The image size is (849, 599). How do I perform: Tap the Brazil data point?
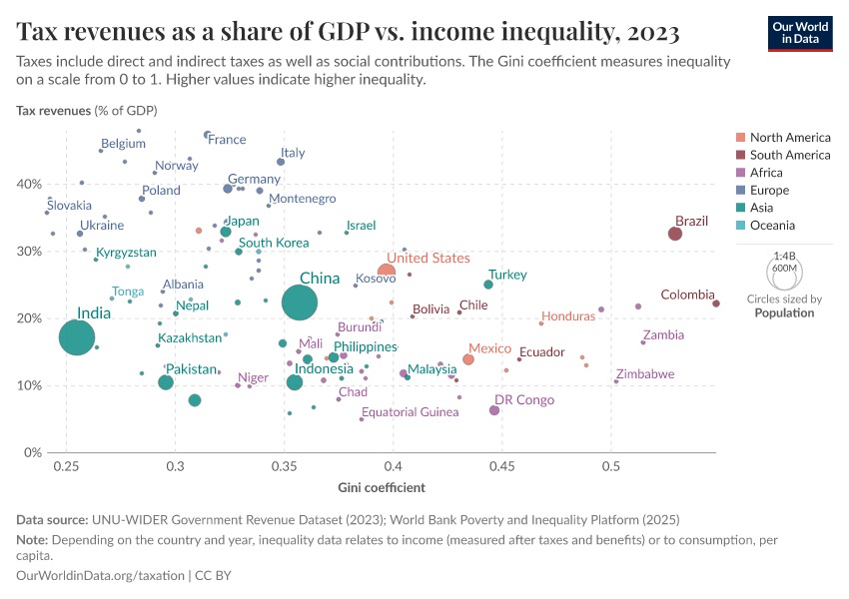pyautogui.click(x=675, y=234)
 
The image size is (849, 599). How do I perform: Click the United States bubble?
pyautogui.click(x=387, y=272)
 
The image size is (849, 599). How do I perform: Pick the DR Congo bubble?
pyautogui.click(x=494, y=410)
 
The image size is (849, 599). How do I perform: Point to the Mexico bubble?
pyautogui.click(x=468, y=359)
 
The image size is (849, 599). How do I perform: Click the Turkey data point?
pyautogui.click(x=488, y=285)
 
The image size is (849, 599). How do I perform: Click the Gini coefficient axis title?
pyautogui.click(x=382, y=488)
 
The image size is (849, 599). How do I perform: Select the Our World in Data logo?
pyautogui.click(x=800, y=32)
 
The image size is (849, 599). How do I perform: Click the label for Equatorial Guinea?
pyautogui.click(x=410, y=412)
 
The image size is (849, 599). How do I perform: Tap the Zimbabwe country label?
pyautogui.click(x=644, y=374)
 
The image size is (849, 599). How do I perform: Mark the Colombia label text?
pyautogui.click(x=688, y=295)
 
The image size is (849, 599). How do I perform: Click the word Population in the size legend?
pyautogui.click(x=784, y=312)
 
